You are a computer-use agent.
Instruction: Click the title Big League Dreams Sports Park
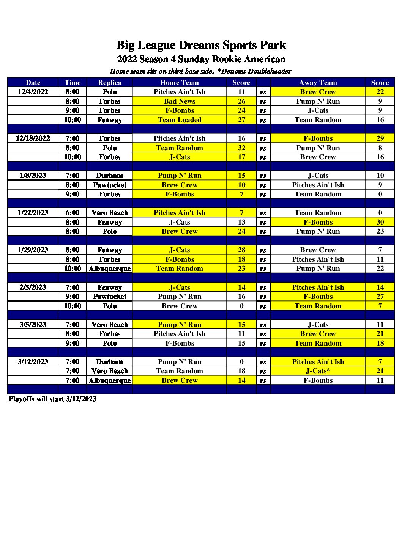tap(201, 45)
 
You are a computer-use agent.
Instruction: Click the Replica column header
tap(110, 83)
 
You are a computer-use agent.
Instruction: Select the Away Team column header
tap(318, 83)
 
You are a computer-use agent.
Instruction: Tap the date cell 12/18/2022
tap(33, 138)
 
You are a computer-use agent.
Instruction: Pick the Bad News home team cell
tap(180, 101)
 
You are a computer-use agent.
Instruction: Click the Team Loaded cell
tap(180, 120)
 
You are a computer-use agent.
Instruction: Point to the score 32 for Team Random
tap(241, 148)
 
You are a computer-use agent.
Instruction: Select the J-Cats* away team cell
tap(318, 371)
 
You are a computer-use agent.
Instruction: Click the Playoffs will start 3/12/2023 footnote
tap(52, 399)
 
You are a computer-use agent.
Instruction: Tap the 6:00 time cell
tap(73, 213)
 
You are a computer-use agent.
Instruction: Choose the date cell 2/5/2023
tap(33, 287)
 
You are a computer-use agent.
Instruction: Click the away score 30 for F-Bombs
tap(380, 222)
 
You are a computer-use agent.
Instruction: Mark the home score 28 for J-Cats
tap(241, 250)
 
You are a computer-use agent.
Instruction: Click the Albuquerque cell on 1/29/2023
tap(110, 269)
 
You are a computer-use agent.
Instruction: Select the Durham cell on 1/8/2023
tap(110, 176)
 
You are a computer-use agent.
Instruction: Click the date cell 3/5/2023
tap(33, 325)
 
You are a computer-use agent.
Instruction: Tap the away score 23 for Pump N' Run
tap(380, 231)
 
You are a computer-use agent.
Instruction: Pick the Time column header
tap(73, 83)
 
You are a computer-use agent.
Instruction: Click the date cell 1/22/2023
tap(33, 213)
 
